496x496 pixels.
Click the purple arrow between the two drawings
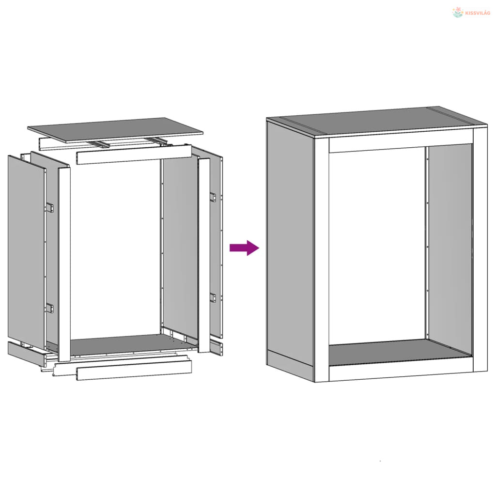pyautogui.click(x=244, y=248)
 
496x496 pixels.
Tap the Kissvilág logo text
pyautogui.click(x=478, y=13)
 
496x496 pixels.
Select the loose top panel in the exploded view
pyautogui.click(x=115, y=130)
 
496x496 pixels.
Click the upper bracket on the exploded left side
pyautogui.click(x=50, y=207)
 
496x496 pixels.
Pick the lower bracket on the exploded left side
pyautogui.click(x=50, y=308)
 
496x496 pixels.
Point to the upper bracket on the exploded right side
pyautogui.click(x=213, y=197)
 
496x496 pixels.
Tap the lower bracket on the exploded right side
pyautogui.click(x=213, y=297)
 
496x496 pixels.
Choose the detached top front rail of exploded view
pyautogui.click(x=134, y=155)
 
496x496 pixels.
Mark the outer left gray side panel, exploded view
pyautogui.click(x=27, y=250)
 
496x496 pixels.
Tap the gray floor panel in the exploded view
pyautogui.click(x=126, y=345)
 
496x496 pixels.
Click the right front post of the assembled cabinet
pyautogui.click(x=480, y=250)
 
